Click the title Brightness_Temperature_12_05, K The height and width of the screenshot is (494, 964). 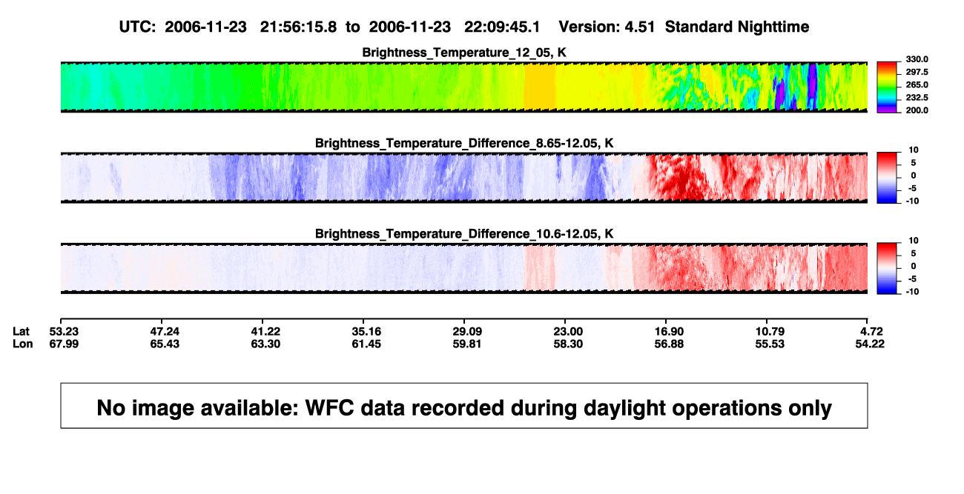464,53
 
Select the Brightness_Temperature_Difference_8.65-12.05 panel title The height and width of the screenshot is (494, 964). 464,143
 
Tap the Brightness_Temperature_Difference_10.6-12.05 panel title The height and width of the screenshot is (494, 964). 464,234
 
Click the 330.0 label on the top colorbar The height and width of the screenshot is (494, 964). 917,59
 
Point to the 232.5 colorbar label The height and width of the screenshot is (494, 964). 917,98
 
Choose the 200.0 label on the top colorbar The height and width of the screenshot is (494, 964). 917,110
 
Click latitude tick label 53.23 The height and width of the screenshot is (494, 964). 64,332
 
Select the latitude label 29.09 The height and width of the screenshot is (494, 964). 467,332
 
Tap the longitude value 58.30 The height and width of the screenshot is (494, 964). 568,344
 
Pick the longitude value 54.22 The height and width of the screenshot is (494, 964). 870,344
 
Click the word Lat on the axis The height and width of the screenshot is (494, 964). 21,332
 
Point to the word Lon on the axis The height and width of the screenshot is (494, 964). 23,344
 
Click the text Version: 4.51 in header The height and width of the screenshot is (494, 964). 607,27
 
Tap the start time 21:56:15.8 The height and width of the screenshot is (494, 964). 298,27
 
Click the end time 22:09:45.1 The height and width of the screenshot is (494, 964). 502,27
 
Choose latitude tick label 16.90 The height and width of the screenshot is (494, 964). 669,332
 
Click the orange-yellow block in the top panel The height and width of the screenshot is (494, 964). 539,87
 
